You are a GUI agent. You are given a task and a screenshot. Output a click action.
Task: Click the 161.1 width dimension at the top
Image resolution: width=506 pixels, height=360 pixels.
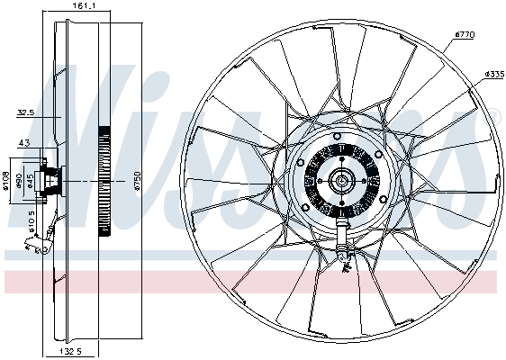84,6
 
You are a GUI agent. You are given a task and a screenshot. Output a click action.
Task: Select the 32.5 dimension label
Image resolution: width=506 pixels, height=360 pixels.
25,112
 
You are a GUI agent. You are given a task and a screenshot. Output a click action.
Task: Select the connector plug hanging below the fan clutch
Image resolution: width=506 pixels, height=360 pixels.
343,255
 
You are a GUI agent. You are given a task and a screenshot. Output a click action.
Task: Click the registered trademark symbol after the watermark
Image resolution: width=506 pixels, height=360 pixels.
493,114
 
